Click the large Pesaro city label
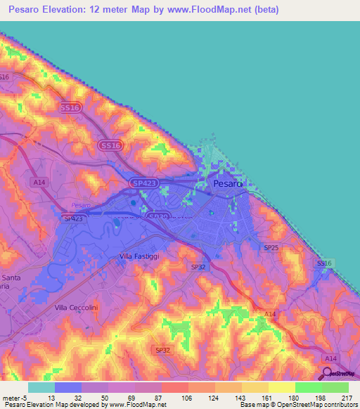click(x=227, y=183)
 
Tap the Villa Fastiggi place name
click(x=139, y=257)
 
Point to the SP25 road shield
click(x=271, y=248)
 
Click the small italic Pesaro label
click(x=82, y=205)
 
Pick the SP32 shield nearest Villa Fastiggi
click(x=198, y=267)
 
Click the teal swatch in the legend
click(x=41, y=387)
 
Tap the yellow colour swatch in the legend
click(x=281, y=387)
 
